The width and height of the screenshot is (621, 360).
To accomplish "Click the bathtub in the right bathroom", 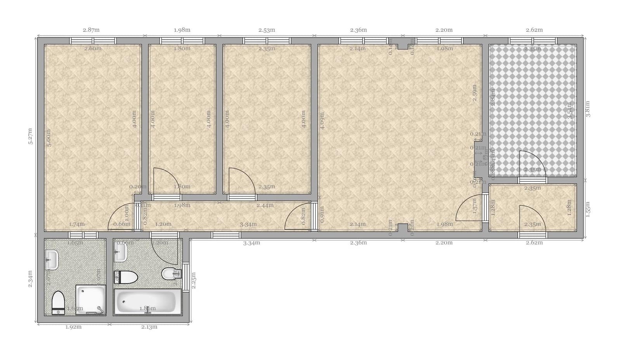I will pos(147,301).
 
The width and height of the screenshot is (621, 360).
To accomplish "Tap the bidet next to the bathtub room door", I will pos(169,274).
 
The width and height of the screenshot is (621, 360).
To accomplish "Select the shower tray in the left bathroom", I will pos(90,299).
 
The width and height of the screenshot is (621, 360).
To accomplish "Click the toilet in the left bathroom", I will pos(58,302).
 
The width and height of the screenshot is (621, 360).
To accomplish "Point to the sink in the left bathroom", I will pos(52,259).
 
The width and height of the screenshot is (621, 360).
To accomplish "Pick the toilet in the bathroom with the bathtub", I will pos(127,277).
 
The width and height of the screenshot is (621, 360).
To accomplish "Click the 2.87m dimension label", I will pos(91,30).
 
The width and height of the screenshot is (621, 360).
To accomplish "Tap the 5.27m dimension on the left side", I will pos(30,136).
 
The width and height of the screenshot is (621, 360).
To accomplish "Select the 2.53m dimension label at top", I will pos(267,30).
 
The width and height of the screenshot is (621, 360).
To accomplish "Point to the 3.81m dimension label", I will pos(588,109).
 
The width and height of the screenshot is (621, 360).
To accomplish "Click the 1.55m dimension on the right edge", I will pos(588,209).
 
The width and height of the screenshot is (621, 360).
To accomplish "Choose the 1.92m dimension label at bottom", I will pos(73,327).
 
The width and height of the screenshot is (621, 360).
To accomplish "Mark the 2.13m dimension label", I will pos(149,327).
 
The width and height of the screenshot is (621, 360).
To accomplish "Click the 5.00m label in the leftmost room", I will pos(49,137).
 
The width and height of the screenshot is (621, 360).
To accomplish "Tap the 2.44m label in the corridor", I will pos(265,205).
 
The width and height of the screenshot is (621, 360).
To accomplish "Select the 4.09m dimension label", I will pos(322,120).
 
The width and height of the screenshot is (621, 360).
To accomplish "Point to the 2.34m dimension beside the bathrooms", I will pos(30,279).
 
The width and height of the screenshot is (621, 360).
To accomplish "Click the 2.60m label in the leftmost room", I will pos(93,49).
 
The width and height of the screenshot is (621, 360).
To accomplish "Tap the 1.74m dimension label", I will pos(77,224).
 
